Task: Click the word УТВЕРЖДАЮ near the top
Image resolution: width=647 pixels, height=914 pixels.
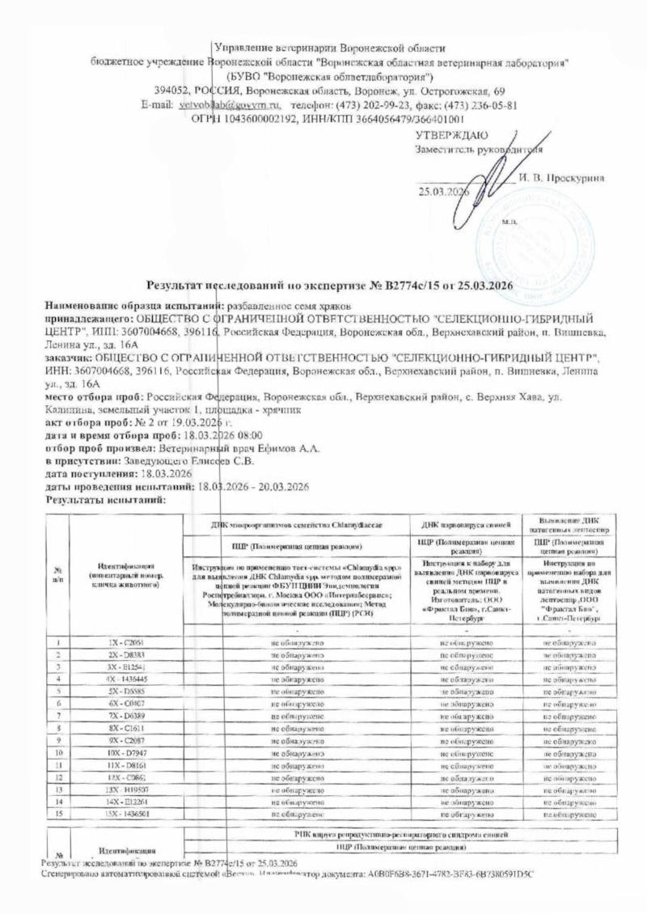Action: pyautogui.click(x=450, y=135)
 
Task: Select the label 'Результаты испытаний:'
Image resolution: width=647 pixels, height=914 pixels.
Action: pyautogui.click(x=106, y=500)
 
